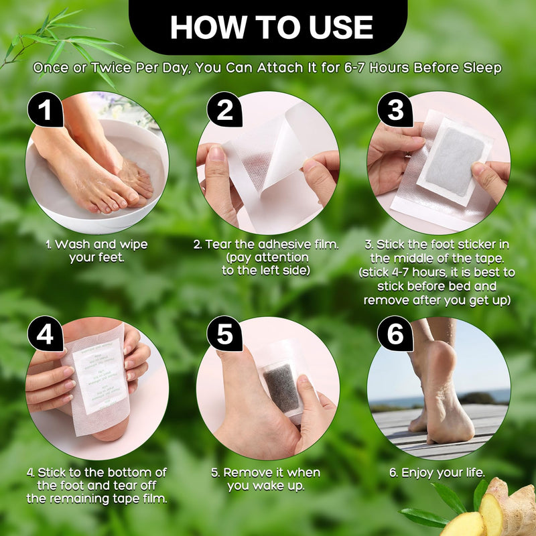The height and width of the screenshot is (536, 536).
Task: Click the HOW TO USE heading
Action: [271, 27]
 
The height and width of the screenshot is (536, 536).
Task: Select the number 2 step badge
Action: [225, 111]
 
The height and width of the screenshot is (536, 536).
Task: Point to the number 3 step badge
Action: [396, 111]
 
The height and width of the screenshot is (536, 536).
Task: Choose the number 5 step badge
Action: [225, 335]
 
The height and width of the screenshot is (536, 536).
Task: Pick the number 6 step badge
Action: [396, 335]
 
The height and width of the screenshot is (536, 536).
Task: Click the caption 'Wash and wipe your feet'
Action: [96, 251]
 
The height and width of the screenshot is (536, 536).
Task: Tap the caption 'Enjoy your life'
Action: [437, 473]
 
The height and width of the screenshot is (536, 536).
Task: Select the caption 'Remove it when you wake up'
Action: [265, 479]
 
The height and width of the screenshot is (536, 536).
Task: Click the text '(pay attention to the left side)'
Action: [266, 263]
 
